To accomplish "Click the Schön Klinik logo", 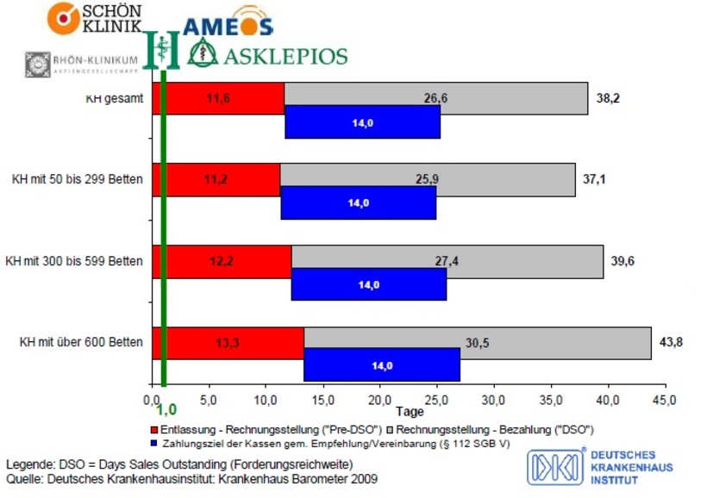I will coord(95,18).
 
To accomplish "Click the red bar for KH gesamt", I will coord(219,99).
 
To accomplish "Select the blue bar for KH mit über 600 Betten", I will coord(381,365).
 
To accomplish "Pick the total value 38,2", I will coord(608,98).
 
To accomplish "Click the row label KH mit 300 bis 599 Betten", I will coord(74,260).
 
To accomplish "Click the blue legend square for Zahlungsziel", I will coord(153,443).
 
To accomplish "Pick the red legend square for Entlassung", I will coord(153,428).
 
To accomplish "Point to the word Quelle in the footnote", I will coord(24,478).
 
